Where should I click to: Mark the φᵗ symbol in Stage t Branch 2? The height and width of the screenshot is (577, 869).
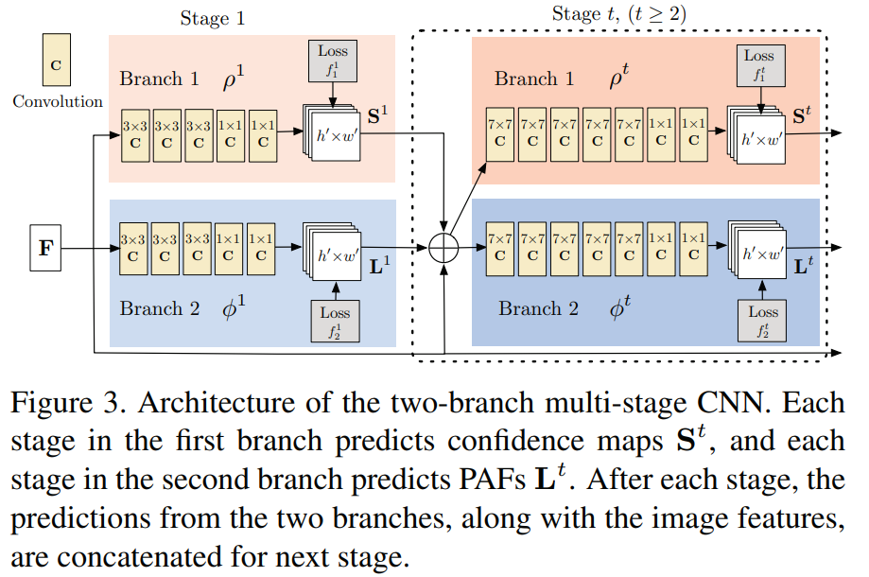pyautogui.click(x=621, y=307)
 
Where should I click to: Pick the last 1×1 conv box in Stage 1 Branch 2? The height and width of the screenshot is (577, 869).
pyautogui.click(x=261, y=247)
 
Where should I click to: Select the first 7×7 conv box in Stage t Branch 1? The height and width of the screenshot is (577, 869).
pyautogui.click(x=499, y=133)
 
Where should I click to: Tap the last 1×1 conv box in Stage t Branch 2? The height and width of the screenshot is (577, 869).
pyautogui.click(x=693, y=247)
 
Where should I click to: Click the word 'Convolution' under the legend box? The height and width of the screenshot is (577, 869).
pyautogui.click(x=58, y=101)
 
